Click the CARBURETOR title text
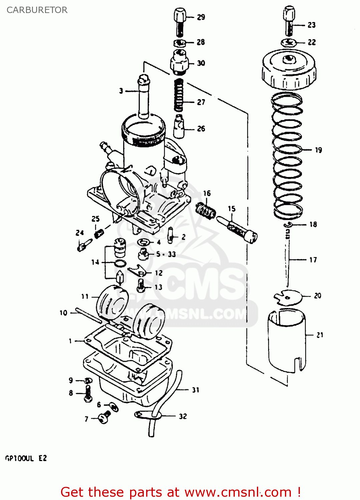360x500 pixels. tap(37, 10)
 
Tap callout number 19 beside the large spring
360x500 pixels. tap(318, 150)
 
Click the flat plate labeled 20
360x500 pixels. tap(288, 297)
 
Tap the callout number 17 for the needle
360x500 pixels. tap(313, 260)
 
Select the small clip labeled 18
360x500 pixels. tap(288, 225)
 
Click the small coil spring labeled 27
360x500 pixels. tap(179, 95)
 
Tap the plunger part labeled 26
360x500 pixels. tap(179, 127)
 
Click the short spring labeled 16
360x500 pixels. tap(206, 211)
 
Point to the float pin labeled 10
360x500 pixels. tap(88, 315)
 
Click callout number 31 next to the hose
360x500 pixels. tap(196, 390)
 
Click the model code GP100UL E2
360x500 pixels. tap(26, 458)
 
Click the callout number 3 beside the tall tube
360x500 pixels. tap(121, 91)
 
